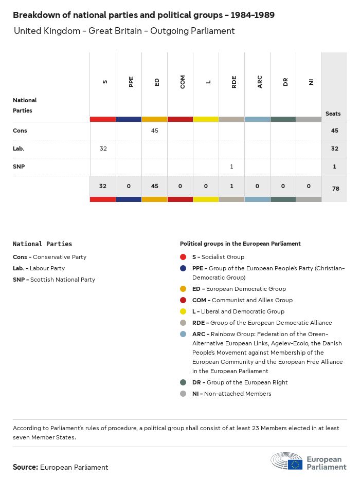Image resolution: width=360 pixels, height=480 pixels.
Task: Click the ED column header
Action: click(x=157, y=82)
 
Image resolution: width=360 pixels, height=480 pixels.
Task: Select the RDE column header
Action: click(x=234, y=82)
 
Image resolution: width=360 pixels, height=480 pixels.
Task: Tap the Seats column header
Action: click(x=333, y=114)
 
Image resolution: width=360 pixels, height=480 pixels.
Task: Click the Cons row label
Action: click(x=20, y=131)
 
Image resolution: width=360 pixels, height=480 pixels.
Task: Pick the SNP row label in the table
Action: click(x=20, y=167)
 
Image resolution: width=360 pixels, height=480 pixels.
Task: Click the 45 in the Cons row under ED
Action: click(x=155, y=131)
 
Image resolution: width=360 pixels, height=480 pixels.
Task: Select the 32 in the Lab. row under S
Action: click(x=103, y=149)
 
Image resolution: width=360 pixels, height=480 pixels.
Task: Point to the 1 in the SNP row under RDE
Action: click(x=232, y=167)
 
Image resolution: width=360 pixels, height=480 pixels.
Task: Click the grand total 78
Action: click(x=336, y=189)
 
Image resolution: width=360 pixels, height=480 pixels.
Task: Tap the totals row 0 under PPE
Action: click(x=129, y=186)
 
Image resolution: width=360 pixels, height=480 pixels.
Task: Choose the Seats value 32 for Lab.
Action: click(x=335, y=149)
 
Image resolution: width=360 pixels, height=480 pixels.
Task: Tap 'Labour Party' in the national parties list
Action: click(x=47, y=268)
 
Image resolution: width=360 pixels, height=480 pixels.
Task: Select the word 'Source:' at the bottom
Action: click(x=25, y=467)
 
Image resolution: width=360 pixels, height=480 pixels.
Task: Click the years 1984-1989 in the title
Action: click(x=252, y=15)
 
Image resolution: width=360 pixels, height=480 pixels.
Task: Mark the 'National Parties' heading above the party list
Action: click(x=42, y=244)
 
